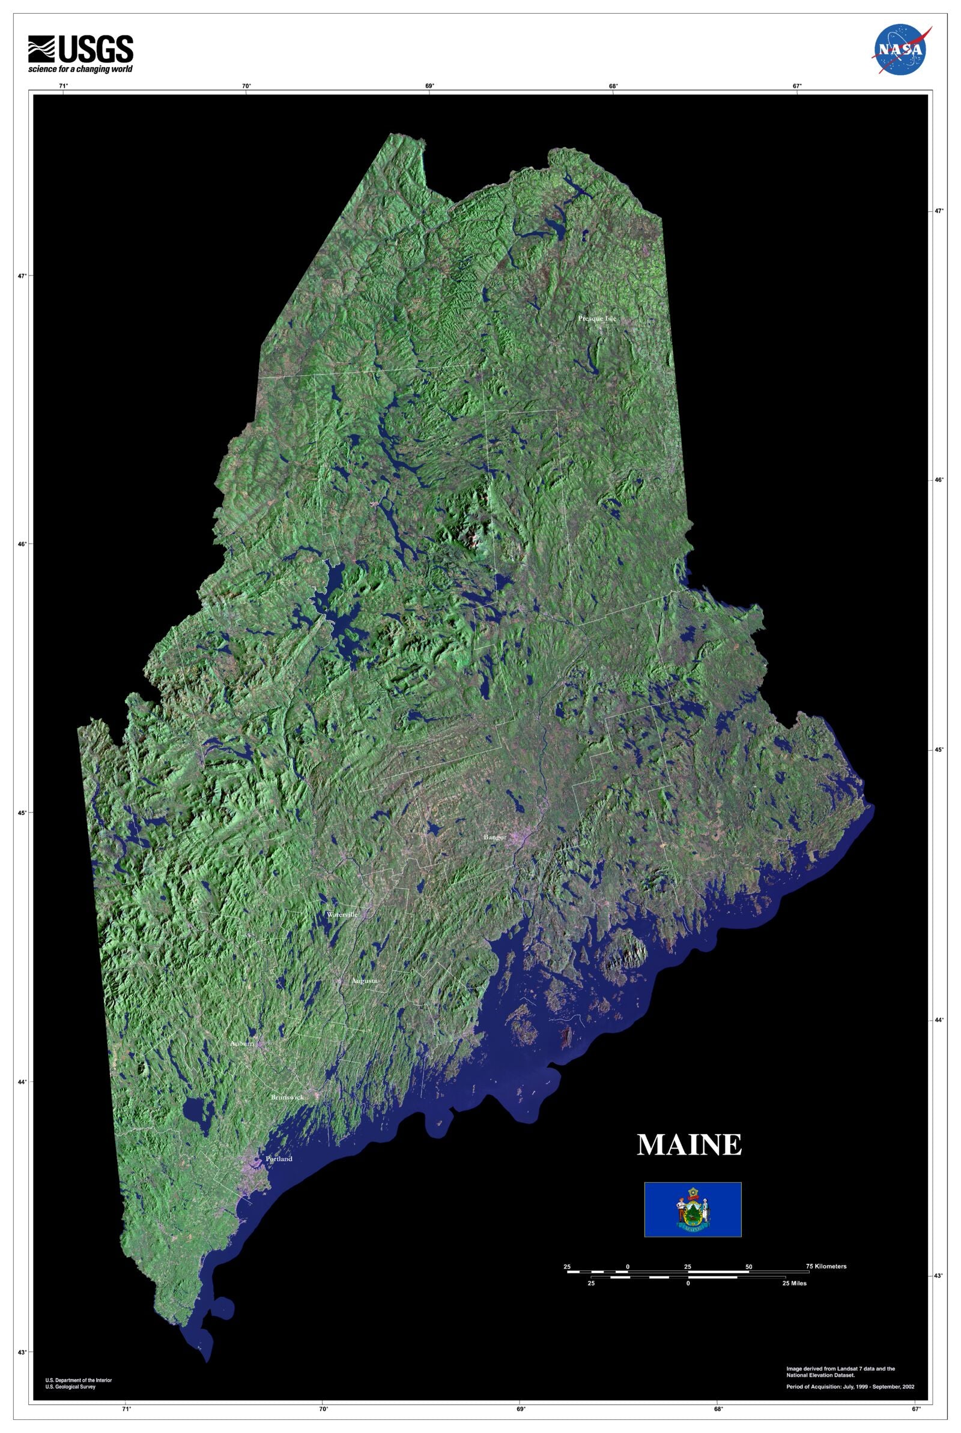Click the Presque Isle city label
tap(597, 319)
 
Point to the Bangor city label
tap(494, 837)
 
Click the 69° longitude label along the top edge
tap(429, 86)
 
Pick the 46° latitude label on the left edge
tap(22, 544)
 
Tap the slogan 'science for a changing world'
tap(80, 69)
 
